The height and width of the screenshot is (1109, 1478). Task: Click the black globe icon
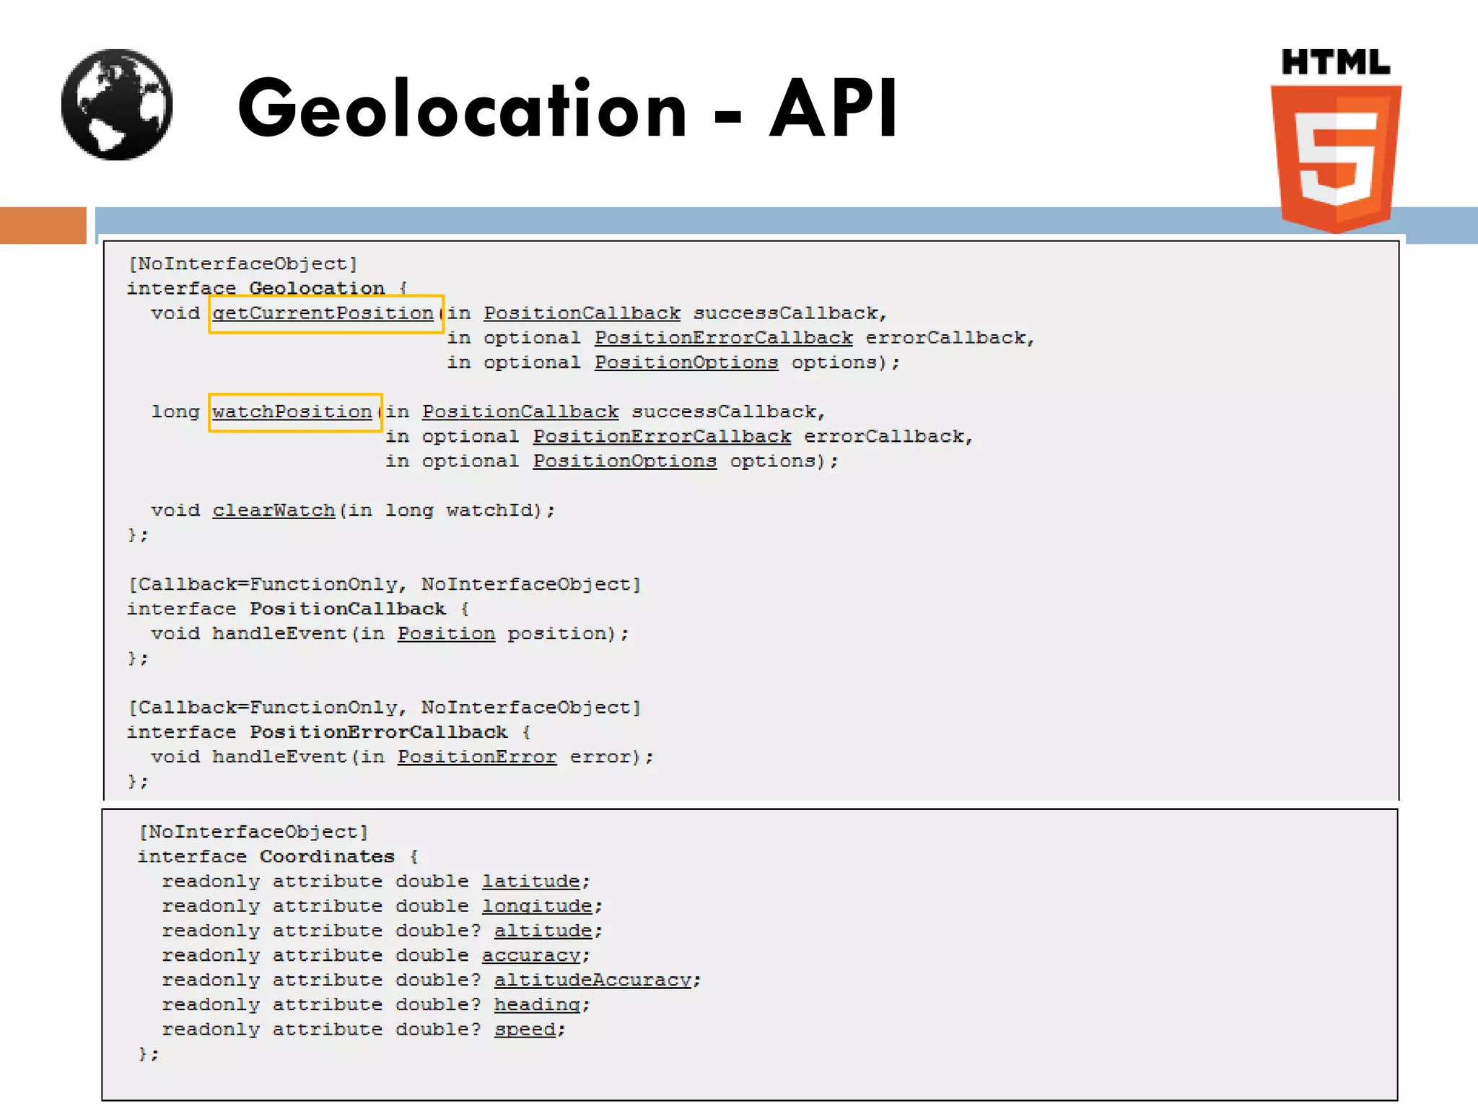(x=117, y=105)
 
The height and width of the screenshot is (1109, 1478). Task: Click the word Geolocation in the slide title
(x=462, y=109)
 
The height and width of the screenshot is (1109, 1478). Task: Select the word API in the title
(x=833, y=109)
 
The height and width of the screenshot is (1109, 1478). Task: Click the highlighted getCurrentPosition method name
(x=323, y=313)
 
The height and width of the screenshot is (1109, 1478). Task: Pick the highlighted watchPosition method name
(x=292, y=412)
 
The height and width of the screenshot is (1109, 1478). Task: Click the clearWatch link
(x=274, y=510)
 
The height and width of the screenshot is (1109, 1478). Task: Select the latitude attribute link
(x=531, y=882)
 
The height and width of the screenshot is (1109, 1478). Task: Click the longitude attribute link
(x=537, y=906)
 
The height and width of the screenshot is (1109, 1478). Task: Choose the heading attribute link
(x=537, y=1005)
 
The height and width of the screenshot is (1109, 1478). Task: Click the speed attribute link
(x=525, y=1030)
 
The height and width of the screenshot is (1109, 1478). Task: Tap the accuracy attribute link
(x=531, y=956)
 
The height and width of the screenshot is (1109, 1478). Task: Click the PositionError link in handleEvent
(x=477, y=757)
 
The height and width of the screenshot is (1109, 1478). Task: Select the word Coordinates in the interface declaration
(x=327, y=857)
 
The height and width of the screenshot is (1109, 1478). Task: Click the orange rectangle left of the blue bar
(x=43, y=225)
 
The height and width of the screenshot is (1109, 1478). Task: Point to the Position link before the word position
(x=446, y=634)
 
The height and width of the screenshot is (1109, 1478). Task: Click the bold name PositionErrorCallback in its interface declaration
(x=378, y=732)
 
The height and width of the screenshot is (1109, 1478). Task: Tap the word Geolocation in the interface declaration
(x=317, y=289)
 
